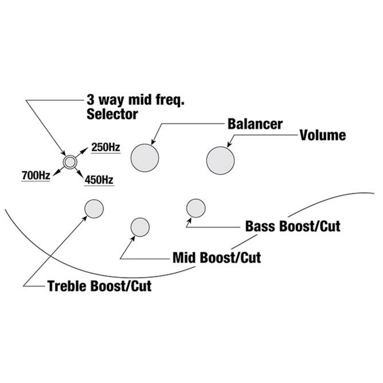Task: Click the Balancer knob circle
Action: [x=145, y=158]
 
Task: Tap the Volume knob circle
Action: [x=220, y=160]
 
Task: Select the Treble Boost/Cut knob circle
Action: [x=94, y=208]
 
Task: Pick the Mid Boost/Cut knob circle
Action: [x=140, y=227]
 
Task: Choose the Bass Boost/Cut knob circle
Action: [x=196, y=208]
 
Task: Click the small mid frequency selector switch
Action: [x=69, y=161]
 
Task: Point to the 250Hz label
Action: [x=106, y=148]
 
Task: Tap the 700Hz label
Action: [x=36, y=174]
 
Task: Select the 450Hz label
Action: [x=99, y=180]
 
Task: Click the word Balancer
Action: [x=255, y=124]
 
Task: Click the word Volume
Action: [x=323, y=135]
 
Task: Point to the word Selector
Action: [x=112, y=114]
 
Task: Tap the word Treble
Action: [x=67, y=286]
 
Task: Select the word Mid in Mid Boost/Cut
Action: [x=183, y=257]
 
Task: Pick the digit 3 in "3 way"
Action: [x=91, y=100]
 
